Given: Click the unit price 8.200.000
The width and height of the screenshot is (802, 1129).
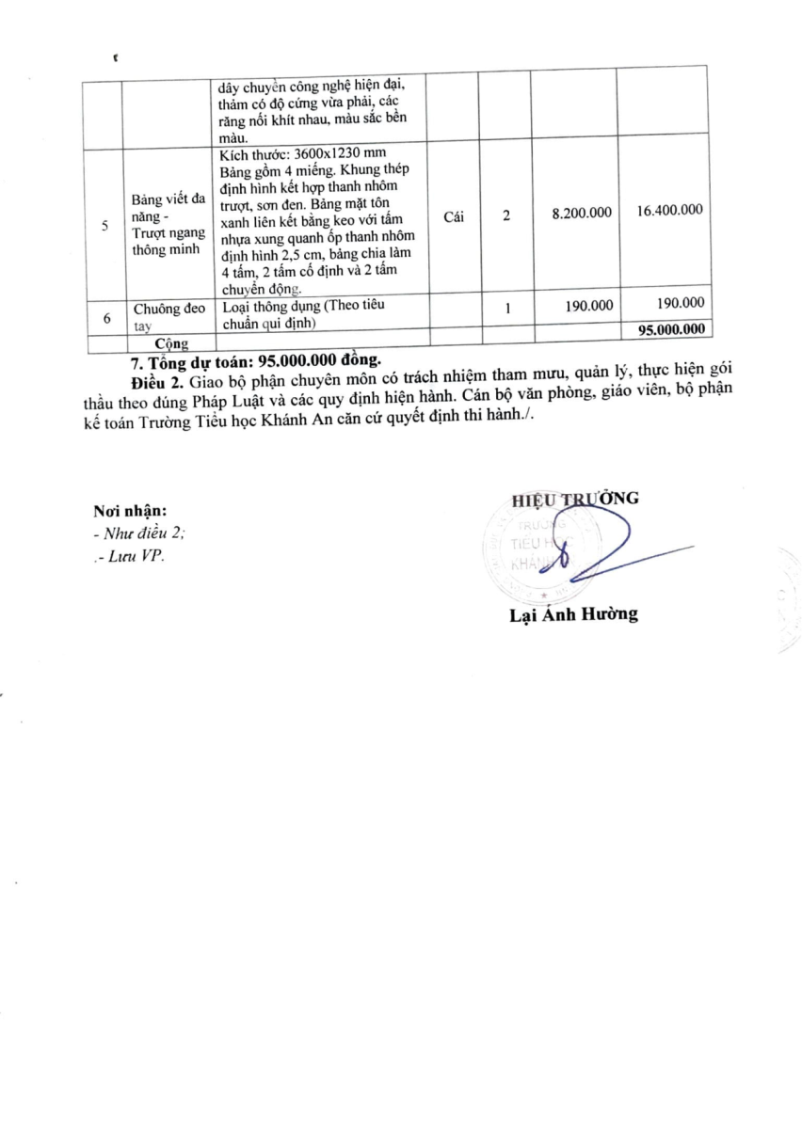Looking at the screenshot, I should tap(583, 214).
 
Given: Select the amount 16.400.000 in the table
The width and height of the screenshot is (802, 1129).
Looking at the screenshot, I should tap(669, 212).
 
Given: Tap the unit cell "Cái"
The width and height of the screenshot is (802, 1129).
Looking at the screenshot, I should tap(453, 215).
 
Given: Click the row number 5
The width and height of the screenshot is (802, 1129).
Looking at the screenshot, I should tap(105, 226).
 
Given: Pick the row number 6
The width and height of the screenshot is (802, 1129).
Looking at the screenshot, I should tap(105, 318).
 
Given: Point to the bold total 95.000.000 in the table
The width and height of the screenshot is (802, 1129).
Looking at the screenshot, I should tap(670, 330).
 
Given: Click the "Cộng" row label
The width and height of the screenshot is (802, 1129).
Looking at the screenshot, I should tap(171, 344).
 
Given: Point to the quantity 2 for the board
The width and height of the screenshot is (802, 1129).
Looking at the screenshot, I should tap(506, 215).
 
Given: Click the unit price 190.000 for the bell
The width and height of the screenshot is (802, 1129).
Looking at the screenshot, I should tap(590, 304).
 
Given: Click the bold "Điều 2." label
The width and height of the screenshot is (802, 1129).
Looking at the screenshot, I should tap(157, 380).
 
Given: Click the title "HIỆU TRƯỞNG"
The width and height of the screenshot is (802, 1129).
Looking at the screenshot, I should tap(575, 499).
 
